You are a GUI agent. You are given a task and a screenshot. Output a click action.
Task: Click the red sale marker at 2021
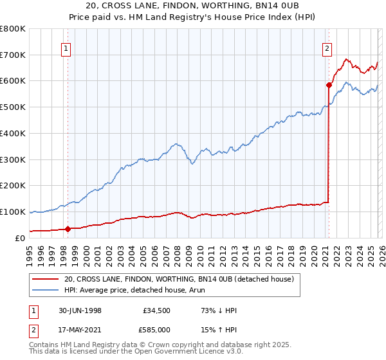329,85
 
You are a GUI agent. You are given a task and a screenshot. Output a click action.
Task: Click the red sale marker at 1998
68,228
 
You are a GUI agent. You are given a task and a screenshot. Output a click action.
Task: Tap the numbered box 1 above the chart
67,47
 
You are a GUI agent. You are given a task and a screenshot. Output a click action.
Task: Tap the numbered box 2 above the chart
327,47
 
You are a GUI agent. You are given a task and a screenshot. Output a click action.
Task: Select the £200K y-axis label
13,185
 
